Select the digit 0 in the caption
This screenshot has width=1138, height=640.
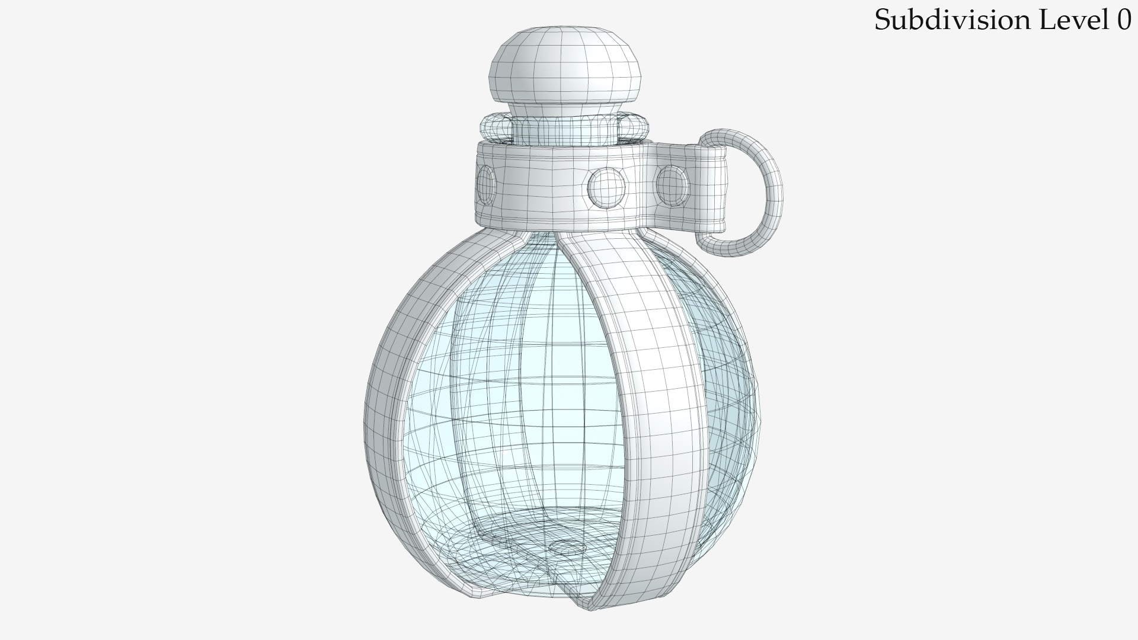pos(1124,20)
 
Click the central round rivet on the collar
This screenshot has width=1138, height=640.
pos(606,187)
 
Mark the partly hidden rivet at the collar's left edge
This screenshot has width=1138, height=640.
pos(486,184)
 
